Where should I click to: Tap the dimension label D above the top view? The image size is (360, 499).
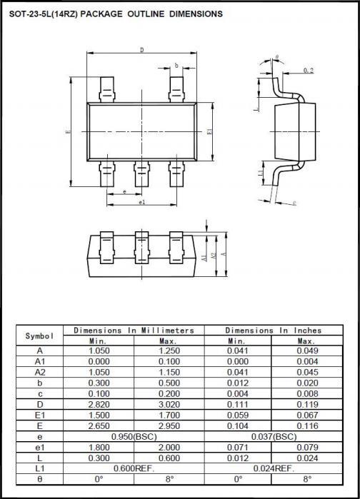click(x=141, y=50)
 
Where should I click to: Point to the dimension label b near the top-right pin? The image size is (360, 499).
click(x=176, y=66)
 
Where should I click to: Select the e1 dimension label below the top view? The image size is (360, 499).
click(x=141, y=202)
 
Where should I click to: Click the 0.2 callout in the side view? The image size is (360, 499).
click(x=308, y=71)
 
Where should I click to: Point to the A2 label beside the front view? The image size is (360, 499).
click(x=213, y=255)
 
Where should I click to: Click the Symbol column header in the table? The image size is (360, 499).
click(x=40, y=336)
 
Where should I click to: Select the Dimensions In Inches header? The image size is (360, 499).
click(x=273, y=331)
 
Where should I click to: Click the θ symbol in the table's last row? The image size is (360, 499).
click(x=40, y=479)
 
